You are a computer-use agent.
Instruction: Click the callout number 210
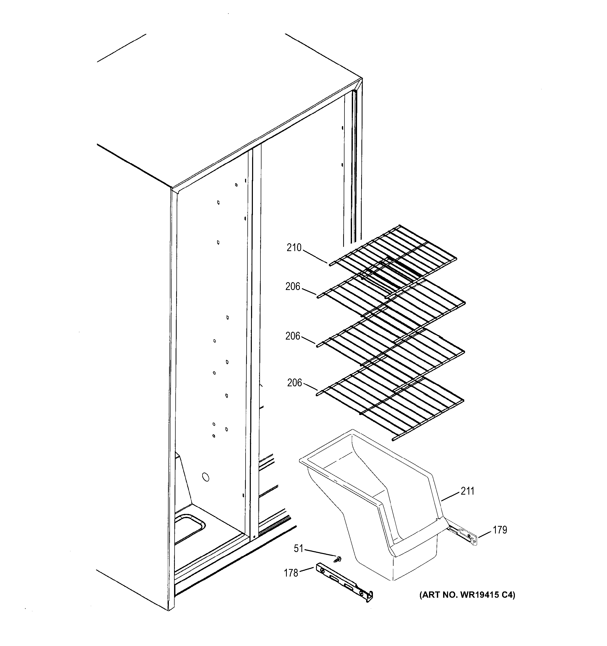(x=294, y=248)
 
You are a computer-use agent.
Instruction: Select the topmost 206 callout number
(x=293, y=287)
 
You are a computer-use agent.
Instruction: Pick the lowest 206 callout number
(x=294, y=383)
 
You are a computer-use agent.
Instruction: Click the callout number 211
(x=467, y=491)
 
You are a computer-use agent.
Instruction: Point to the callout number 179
(x=500, y=530)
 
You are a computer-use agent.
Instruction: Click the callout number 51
(x=298, y=549)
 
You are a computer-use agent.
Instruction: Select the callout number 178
(x=291, y=573)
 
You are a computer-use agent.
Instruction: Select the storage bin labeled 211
(x=374, y=507)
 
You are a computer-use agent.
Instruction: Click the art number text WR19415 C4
(x=467, y=595)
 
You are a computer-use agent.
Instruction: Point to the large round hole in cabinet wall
(x=205, y=477)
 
